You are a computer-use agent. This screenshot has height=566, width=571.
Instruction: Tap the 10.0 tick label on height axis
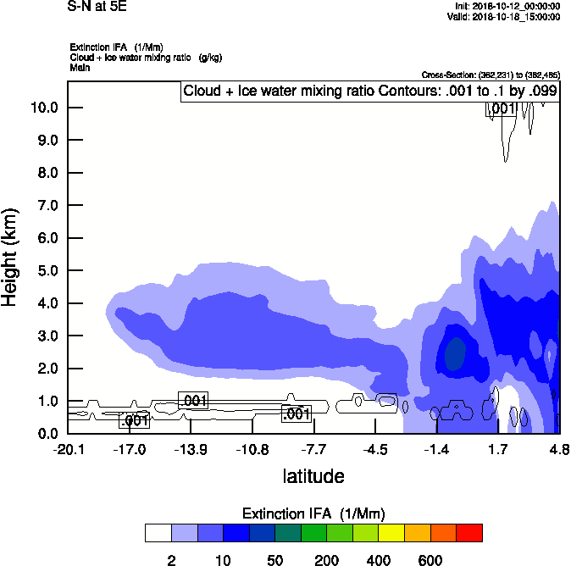[x=43, y=108]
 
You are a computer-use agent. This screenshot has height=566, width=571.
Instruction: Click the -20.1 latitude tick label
[x=68, y=449]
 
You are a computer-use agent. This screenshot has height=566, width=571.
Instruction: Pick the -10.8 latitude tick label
[x=252, y=449]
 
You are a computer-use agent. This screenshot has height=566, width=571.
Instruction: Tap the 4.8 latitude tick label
[x=558, y=449]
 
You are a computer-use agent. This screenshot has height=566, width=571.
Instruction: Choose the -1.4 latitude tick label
[x=436, y=449]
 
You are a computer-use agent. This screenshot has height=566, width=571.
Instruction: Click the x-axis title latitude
[x=313, y=476]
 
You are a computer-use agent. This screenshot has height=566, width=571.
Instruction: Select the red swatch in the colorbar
[x=469, y=533]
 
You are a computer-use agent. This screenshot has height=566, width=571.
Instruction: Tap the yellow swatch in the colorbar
[x=391, y=533]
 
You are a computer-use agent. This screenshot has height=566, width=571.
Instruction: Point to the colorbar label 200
[x=326, y=560]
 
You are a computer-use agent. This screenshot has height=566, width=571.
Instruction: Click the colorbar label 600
[x=430, y=560]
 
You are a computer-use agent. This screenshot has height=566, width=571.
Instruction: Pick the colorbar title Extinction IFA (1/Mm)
[x=313, y=513]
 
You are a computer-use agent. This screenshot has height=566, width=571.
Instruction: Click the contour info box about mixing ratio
[x=369, y=92]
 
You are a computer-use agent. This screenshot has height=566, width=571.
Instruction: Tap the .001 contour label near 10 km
[x=501, y=108]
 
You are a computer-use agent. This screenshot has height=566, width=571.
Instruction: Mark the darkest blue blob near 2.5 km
[x=456, y=352]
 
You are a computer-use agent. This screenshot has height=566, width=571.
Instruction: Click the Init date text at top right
[x=507, y=7]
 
